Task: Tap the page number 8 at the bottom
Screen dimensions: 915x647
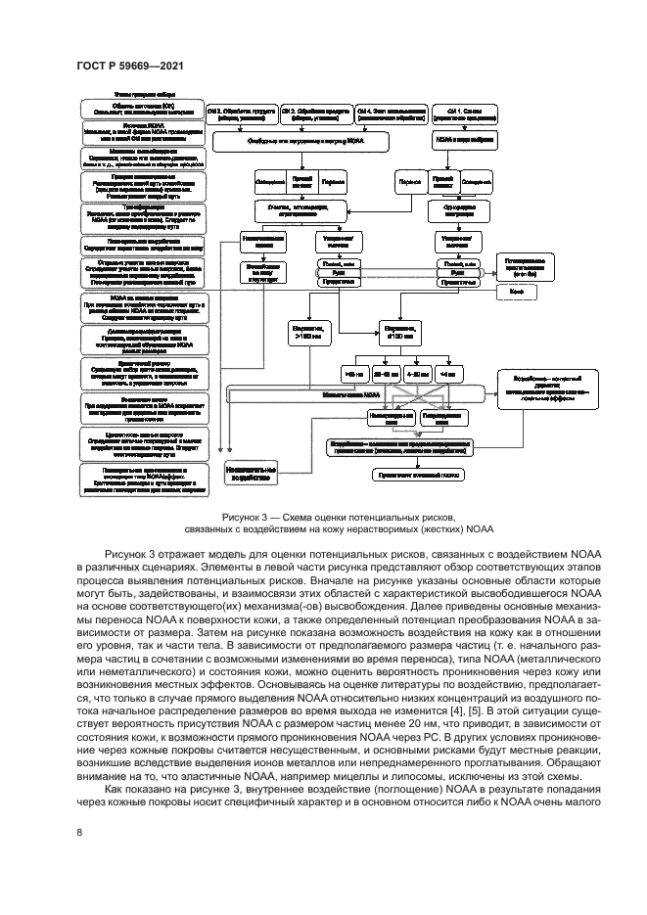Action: [78, 832]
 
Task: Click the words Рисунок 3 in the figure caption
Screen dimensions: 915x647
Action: [251, 516]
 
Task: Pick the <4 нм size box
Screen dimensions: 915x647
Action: [449, 373]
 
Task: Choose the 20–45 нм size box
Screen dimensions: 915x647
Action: [385, 373]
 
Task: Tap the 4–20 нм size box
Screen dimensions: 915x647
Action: [418, 373]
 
